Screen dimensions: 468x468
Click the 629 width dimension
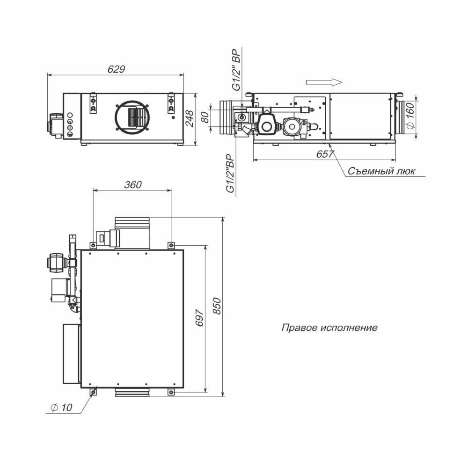coord(116,69)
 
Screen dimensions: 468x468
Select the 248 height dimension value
coord(190,119)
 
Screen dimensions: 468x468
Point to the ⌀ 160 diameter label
coord(411,116)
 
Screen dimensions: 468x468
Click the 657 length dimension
coord(325,154)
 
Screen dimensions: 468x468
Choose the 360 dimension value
coord(133,185)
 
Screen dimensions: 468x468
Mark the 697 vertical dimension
coord(199,318)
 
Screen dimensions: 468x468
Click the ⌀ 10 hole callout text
coord(62,407)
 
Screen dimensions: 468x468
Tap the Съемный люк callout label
coord(381,171)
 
